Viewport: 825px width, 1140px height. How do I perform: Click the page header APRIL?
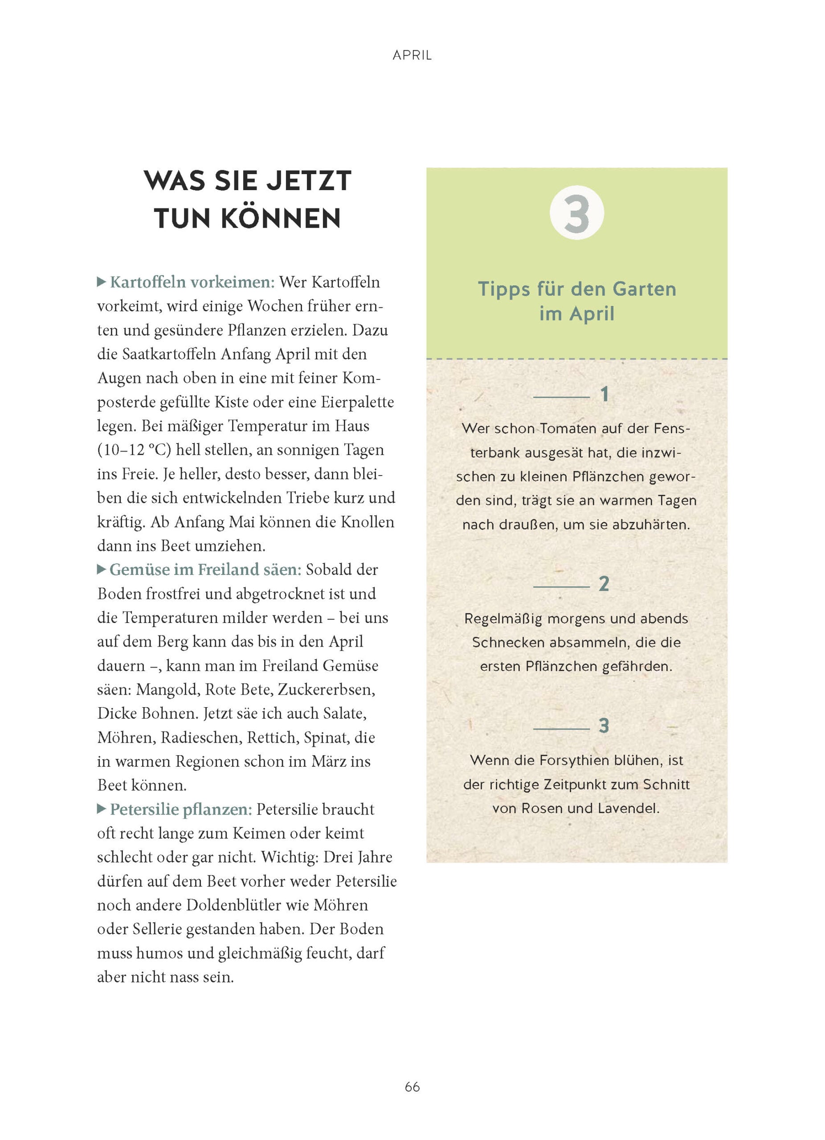pos(412,55)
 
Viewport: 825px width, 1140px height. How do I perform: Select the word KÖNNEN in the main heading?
pos(281,219)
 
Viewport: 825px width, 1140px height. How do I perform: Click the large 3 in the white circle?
pos(576,214)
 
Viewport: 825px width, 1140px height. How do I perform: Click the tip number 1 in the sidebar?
pos(604,395)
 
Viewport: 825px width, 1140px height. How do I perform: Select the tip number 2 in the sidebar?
pos(604,584)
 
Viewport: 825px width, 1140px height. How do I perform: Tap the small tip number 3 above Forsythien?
pos(604,726)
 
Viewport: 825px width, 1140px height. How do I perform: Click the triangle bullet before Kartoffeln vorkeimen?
pos(102,282)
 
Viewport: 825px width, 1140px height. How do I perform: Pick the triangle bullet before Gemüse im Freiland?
pos(102,569)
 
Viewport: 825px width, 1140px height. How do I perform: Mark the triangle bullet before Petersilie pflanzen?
pos(102,809)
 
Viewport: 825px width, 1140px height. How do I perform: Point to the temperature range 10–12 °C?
pos(134,450)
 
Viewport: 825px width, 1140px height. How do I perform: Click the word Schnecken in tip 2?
pos(508,643)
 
